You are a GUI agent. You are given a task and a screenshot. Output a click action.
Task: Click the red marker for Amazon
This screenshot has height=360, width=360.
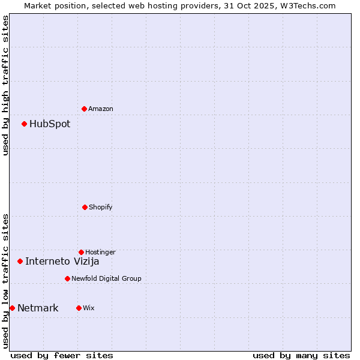pyautogui.click(x=85, y=109)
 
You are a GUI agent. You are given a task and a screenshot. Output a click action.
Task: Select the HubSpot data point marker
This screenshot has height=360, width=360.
pyautogui.click(x=25, y=124)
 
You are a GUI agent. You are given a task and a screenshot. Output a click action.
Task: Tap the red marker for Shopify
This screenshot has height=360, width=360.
pyautogui.click(x=85, y=207)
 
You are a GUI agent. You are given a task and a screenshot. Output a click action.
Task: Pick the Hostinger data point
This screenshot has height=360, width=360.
pyautogui.click(x=81, y=252)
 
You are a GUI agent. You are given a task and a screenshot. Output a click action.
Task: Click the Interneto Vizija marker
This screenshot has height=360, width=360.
pyautogui.click(x=20, y=261)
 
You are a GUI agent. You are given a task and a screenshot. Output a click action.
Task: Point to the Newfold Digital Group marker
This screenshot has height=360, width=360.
pyautogui.click(x=67, y=278)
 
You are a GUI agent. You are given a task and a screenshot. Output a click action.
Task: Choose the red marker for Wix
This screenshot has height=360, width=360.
pyautogui.click(x=79, y=308)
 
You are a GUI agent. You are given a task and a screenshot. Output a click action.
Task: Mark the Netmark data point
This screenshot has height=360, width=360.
pyautogui.click(x=12, y=308)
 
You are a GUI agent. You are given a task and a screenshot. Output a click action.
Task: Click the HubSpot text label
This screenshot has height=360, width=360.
pyautogui.click(x=50, y=124)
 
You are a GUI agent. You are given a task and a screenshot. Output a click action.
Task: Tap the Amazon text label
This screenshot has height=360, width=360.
pyautogui.click(x=101, y=109)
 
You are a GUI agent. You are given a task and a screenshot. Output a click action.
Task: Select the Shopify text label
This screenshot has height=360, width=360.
pyautogui.click(x=101, y=207)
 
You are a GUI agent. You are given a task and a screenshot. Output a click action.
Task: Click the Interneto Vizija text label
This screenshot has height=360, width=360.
pyautogui.click(x=62, y=261)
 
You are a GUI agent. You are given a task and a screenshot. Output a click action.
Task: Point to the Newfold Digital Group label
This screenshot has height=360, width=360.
pyautogui.click(x=107, y=278)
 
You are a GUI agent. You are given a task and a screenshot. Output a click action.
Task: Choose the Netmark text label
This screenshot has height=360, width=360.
pyautogui.click(x=38, y=308)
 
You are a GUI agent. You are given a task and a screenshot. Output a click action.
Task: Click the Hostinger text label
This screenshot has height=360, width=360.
pyautogui.click(x=100, y=252)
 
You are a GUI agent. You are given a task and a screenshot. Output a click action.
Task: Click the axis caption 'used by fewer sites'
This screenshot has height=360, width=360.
pyautogui.click(x=62, y=355)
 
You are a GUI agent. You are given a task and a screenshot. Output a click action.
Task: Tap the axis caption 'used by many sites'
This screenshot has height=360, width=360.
pyautogui.click(x=301, y=355)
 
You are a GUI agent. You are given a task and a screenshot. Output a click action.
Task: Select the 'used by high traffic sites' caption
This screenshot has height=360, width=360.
pyautogui.click(x=5, y=85)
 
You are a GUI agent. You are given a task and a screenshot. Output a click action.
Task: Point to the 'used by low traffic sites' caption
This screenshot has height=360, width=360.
pyautogui.click(x=5, y=281)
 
